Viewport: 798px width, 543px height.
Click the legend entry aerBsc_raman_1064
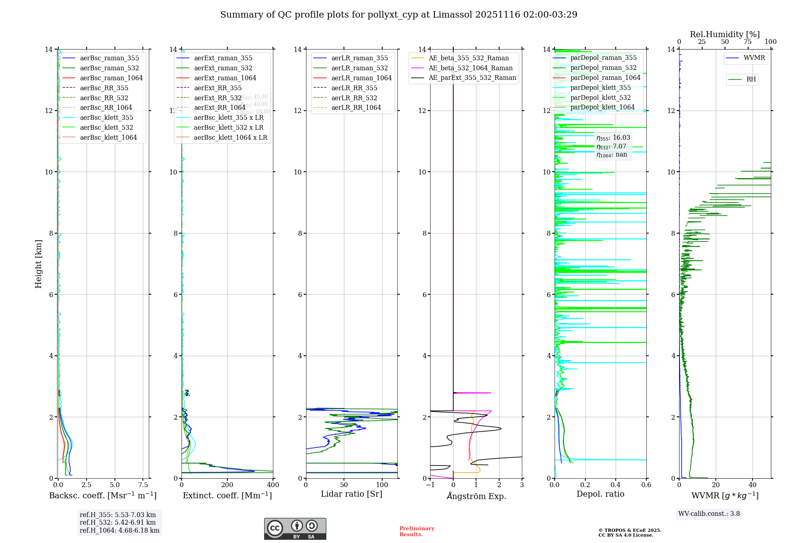click(x=111, y=78)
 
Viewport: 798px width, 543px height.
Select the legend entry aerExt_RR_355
click(x=218, y=88)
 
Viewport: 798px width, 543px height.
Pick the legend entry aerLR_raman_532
click(x=359, y=68)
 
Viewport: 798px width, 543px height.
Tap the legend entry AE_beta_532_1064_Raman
click(x=470, y=68)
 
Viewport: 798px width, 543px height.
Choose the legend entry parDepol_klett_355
click(x=600, y=87)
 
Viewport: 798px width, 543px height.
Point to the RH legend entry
click(x=751, y=79)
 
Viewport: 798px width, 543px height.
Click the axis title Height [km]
click(x=38, y=264)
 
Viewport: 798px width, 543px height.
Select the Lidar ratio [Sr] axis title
click(x=352, y=494)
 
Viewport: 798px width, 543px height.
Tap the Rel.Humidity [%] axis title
click(x=725, y=34)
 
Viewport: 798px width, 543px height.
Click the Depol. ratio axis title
click(x=600, y=494)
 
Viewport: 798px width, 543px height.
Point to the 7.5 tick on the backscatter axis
click(x=143, y=485)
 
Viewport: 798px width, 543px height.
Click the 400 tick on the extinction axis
click(x=273, y=485)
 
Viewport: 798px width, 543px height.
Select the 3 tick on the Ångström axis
click(x=522, y=485)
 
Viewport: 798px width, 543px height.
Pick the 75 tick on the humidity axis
click(x=748, y=42)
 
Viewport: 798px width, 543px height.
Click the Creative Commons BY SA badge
click(x=295, y=529)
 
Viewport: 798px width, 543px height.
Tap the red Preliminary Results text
click(x=417, y=531)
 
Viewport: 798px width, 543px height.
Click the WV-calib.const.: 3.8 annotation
click(x=709, y=514)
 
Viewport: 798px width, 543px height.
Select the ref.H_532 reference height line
click(x=118, y=522)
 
